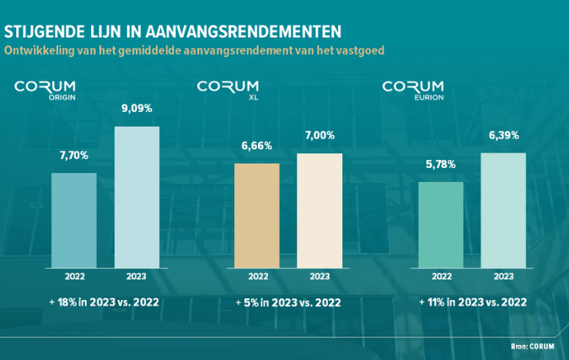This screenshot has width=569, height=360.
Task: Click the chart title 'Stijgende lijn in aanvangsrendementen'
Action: pos(173,30)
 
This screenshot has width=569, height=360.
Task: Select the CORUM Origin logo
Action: pos(45,89)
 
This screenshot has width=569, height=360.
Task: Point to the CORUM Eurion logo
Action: pos(412,89)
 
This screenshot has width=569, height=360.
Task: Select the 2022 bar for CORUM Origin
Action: pos(74,221)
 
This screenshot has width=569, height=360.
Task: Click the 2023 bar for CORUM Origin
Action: pos(137,198)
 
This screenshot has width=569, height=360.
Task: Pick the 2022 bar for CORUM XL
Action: pos(257,216)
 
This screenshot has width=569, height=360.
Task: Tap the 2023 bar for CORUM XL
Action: pos(319,211)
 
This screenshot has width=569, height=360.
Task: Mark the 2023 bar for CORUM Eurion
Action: pos(503,211)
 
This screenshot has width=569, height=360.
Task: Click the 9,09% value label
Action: pos(137,109)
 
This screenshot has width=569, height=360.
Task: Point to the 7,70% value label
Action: pos(74,156)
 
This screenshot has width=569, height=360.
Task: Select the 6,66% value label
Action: pos(256,146)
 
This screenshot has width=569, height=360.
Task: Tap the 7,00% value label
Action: pos(319,135)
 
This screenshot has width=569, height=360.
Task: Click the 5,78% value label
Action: pos(440,164)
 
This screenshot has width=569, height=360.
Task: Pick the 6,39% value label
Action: pos(503,135)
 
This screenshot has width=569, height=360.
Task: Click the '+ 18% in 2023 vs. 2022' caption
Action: pos(105,302)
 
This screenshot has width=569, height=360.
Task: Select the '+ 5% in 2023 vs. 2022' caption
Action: pos(288,302)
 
